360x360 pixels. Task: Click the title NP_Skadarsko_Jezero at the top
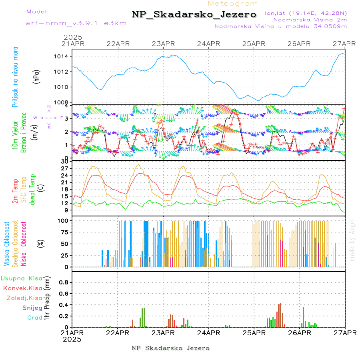pos(194,14)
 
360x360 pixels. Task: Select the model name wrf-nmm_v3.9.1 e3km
pos(76,23)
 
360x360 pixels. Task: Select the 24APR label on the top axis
pos(208,44)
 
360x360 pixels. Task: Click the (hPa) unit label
pos(37,76)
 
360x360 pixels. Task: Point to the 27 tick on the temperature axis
pos(64,168)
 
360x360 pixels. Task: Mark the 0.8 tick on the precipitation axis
pos(63,282)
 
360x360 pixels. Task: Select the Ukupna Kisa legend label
pos(22,278)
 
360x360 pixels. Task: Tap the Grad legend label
pos(34,318)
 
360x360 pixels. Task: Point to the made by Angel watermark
pos(352,240)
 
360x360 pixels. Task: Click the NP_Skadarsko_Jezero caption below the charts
pos(171,348)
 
